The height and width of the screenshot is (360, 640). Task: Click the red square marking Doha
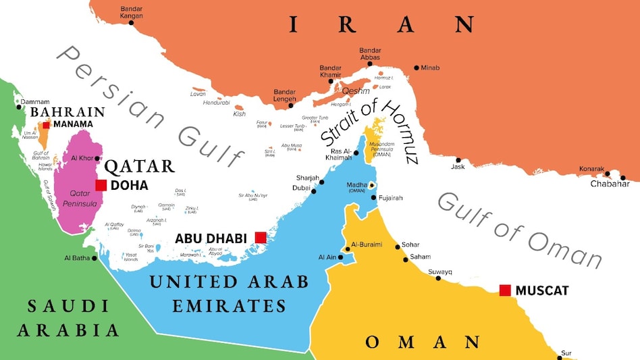coord(101,185)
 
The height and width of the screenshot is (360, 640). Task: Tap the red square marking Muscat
coord(504,290)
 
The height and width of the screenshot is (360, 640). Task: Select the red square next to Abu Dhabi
coord(260,237)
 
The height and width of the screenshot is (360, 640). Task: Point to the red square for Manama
coord(46,125)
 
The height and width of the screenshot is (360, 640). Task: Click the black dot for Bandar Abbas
coord(369,63)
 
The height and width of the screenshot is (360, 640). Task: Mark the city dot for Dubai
coord(313,191)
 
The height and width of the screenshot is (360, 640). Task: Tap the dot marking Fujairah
coord(373,198)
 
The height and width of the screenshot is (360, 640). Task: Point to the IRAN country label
coord(381,24)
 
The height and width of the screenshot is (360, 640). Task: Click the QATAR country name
coord(140,166)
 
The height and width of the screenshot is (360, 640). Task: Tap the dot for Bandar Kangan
coord(131,23)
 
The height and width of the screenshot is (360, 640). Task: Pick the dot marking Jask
coord(458,160)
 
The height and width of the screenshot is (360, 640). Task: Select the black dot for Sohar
coord(398,246)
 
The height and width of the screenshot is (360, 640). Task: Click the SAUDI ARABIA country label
coord(68,318)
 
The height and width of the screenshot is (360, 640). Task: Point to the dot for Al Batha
coord(94,258)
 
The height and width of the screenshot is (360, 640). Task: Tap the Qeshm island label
coord(356,91)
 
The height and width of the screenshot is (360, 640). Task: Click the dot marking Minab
coord(417,68)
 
